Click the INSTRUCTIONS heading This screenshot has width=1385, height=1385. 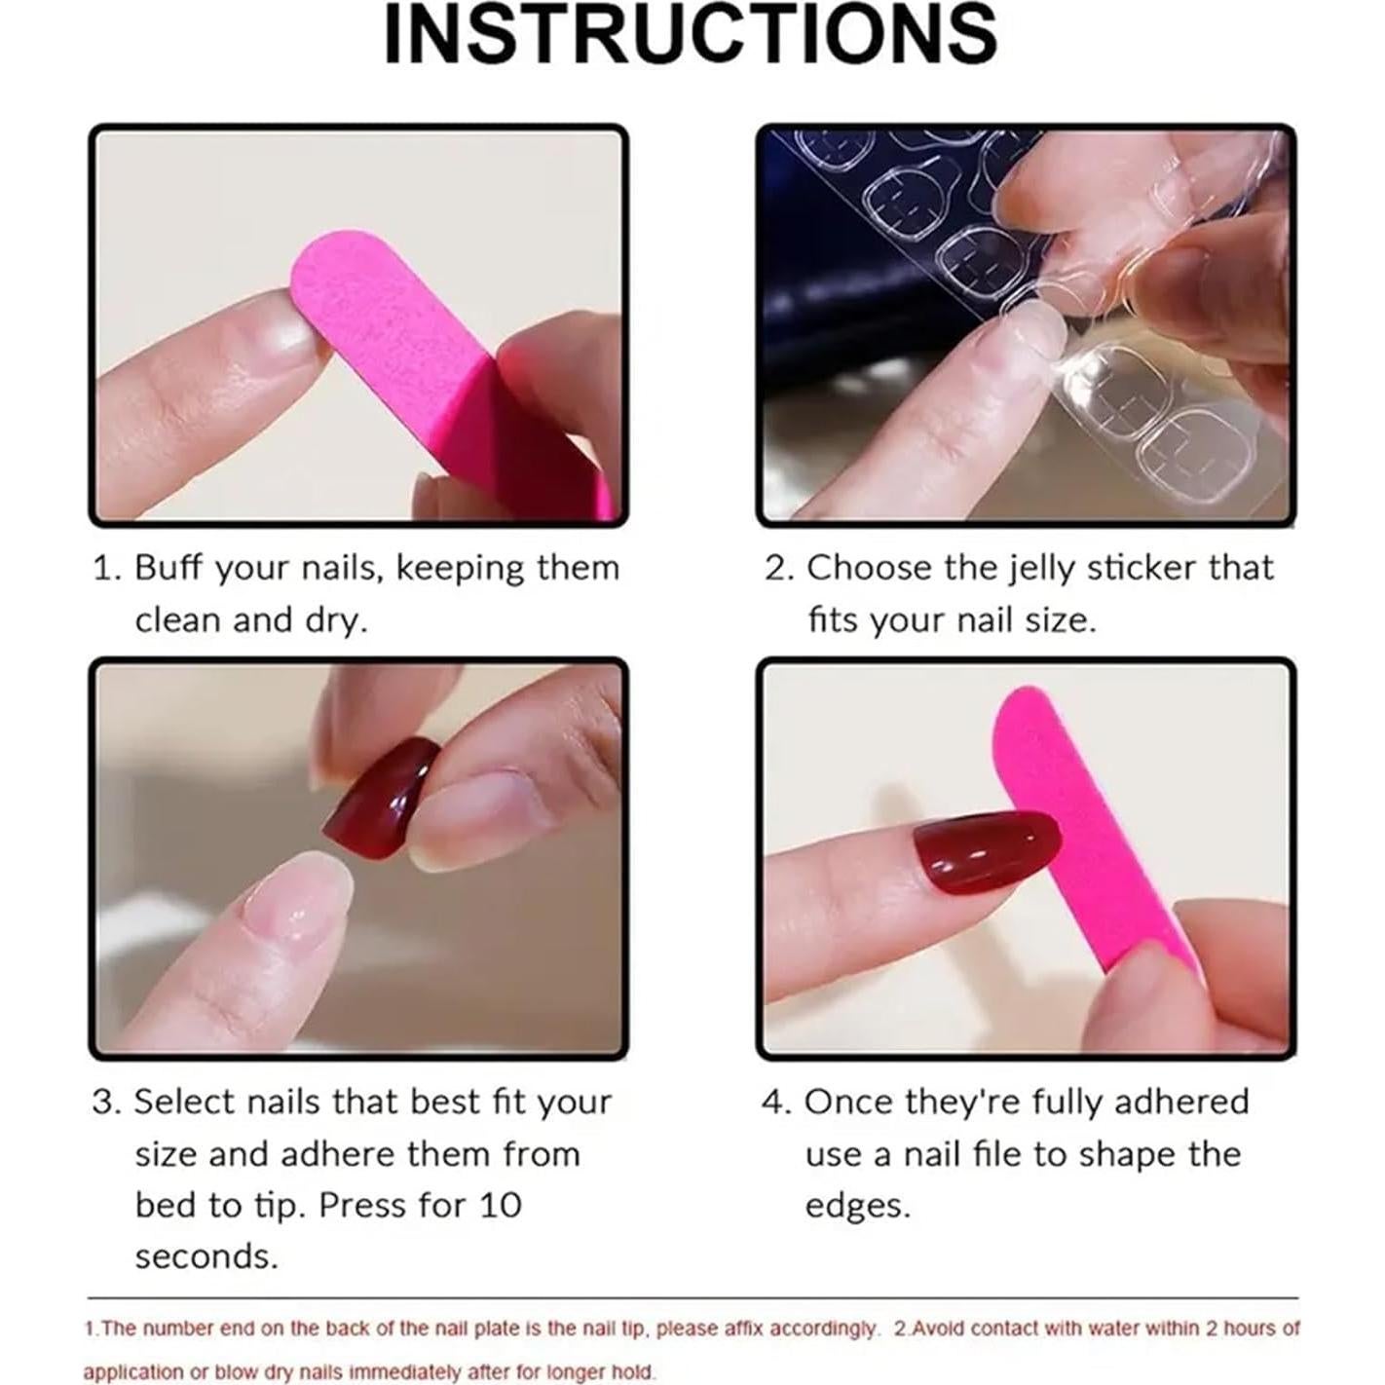click(691, 36)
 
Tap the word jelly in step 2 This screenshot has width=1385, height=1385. click(1030, 568)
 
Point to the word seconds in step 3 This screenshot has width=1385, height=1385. click(206, 1257)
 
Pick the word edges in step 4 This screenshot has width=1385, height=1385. click(856, 1206)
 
